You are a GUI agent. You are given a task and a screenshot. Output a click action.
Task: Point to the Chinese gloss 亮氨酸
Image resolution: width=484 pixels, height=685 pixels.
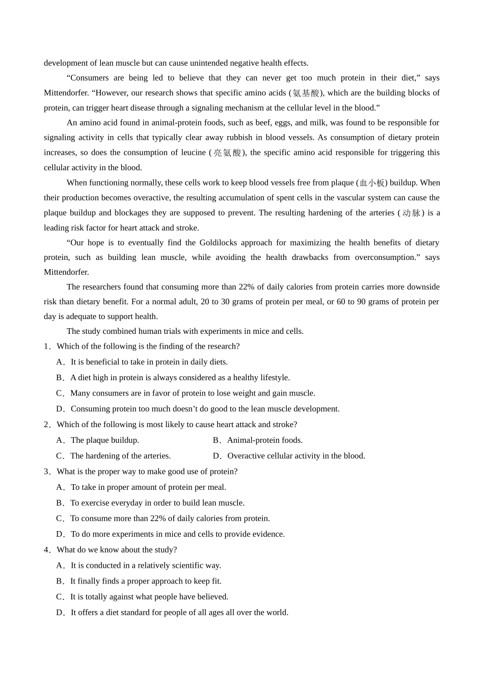pos(227,152)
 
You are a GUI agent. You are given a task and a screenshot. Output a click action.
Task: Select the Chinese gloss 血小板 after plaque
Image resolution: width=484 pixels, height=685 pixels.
pos(372,182)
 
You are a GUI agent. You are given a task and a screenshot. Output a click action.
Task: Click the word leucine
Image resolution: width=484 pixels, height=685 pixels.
pos(193,152)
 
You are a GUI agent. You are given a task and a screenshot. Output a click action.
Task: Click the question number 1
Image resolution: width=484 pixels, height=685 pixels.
pos(47,347)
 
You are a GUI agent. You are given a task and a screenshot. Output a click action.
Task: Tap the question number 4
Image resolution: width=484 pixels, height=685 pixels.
pos(47,550)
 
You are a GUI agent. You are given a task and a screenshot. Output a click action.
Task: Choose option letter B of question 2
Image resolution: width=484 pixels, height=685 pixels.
pos(217,440)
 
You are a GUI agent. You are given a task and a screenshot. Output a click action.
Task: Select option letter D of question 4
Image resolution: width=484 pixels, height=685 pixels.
pos(60,613)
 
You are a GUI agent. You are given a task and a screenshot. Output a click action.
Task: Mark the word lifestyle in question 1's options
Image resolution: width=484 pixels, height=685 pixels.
pos(274,378)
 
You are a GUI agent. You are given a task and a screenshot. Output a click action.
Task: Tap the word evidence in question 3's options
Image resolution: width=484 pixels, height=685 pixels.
pos(269,534)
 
